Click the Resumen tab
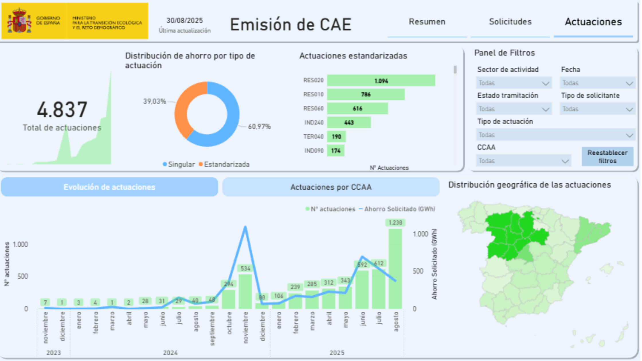click(427, 22)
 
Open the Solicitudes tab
click(510, 22)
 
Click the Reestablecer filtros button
click(607, 156)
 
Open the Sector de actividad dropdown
click(514, 83)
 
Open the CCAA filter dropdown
click(523, 161)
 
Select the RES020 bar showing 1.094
click(381, 81)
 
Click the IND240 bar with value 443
click(349, 123)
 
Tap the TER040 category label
click(313, 137)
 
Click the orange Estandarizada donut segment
click(183, 109)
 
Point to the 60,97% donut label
click(259, 127)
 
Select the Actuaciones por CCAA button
click(331, 187)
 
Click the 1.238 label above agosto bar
click(395, 223)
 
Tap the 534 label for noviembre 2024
click(245, 268)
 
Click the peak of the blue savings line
click(245, 227)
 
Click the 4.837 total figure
click(62, 110)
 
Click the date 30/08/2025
click(185, 21)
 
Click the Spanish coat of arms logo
click(19, 21)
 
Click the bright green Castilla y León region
click(513, 235)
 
